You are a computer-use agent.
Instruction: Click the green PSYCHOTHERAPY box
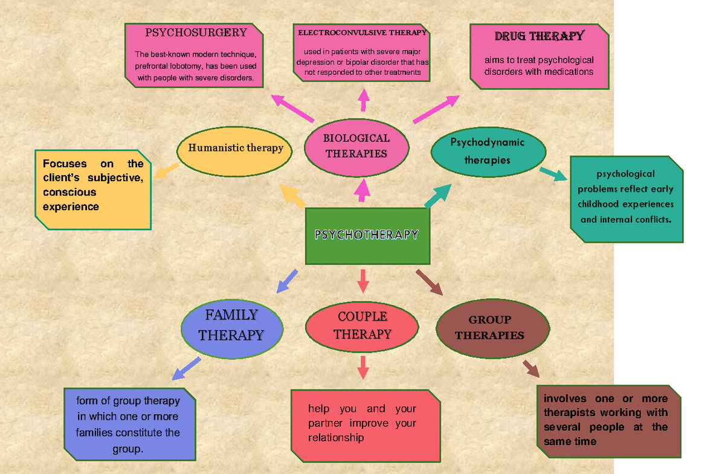367,235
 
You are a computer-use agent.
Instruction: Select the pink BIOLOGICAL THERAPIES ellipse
356,146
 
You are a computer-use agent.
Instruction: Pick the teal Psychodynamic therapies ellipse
488,152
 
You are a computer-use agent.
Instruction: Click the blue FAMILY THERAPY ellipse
231,325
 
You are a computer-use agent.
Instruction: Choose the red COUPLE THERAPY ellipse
362,325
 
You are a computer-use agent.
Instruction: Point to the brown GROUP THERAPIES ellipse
492,328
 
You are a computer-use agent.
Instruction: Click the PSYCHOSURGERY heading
196,33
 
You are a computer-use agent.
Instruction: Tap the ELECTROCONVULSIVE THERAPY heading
362,33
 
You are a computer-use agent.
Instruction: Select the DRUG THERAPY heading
539,36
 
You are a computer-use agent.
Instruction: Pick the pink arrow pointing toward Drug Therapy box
436,109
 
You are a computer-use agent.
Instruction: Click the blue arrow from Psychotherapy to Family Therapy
287,281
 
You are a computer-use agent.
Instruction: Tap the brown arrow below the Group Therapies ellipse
530,368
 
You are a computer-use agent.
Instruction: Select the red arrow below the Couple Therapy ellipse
362,367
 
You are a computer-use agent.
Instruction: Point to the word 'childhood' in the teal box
601,204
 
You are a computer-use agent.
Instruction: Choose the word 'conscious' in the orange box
69,192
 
